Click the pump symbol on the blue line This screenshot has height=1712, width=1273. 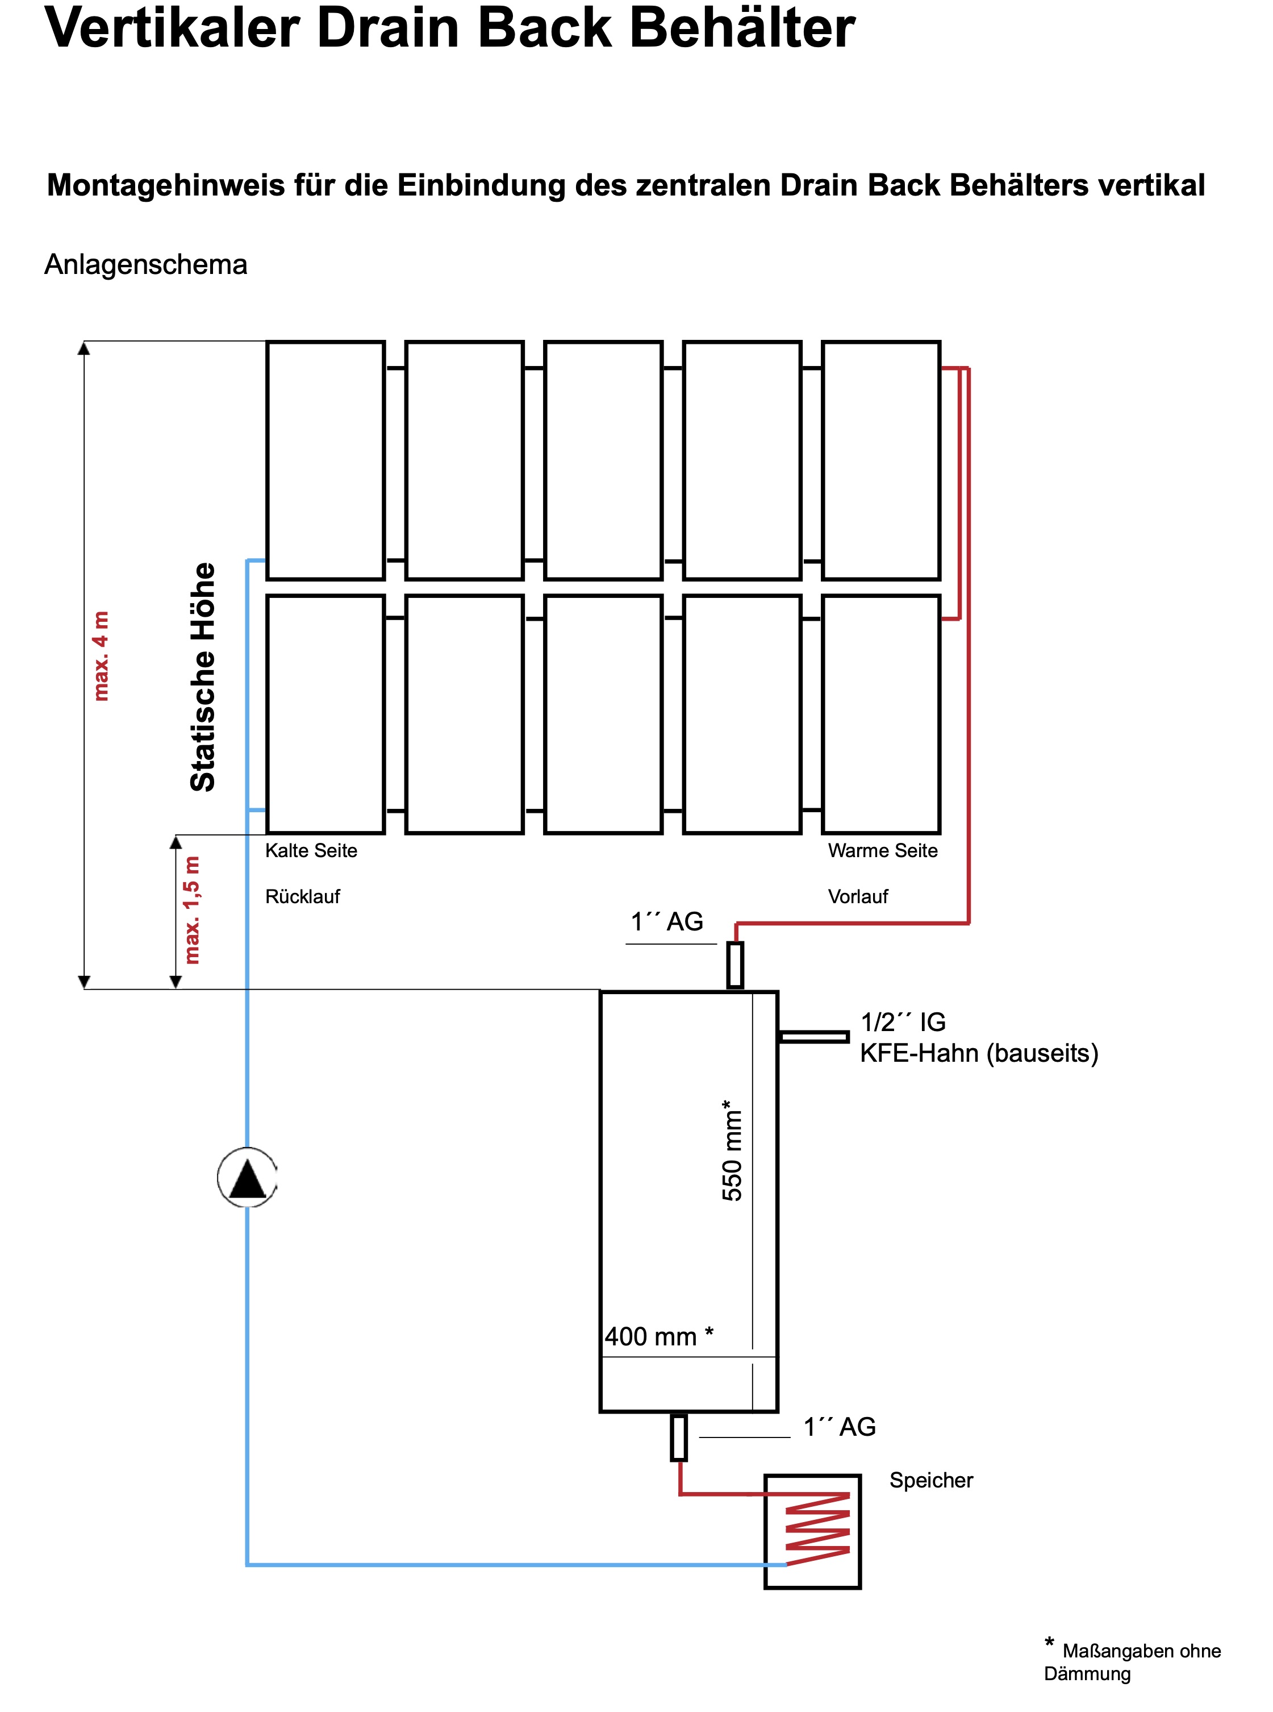point(247,1177)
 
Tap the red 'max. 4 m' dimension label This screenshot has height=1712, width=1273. point(101,656)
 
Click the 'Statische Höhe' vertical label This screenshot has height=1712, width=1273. point(203,677)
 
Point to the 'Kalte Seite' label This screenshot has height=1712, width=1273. point(311,850)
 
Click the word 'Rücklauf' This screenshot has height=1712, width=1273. point(302,896)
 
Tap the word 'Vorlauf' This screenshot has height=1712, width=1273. point(858,896)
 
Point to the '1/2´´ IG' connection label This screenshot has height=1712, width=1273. point(903,1022)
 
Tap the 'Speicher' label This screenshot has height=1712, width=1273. point(931,1480)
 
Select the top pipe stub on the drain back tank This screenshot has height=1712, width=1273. point(736,965)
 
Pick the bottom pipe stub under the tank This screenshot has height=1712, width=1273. point(679,1437)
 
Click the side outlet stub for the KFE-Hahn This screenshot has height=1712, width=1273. point(814,1037)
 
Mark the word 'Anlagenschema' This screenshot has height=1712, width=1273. point(145,264)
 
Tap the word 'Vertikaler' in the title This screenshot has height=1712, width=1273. point(172,28)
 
